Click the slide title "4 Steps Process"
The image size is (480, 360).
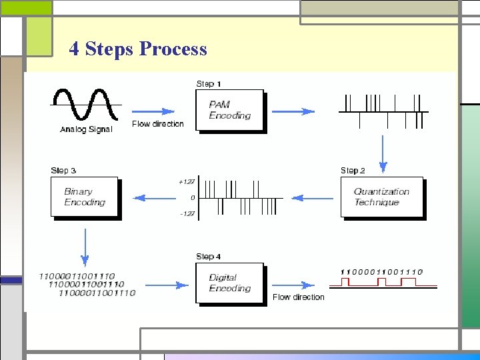coord(138,49)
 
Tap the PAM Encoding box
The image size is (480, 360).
coord(230,111)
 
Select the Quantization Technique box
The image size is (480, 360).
coord(382,197)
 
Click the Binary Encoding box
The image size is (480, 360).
coord(84,197)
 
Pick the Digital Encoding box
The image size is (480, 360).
coord(230,283)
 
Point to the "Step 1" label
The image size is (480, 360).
coord(209,84)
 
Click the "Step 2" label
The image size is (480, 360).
coord(353,171)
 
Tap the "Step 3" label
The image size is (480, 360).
coord(63,171)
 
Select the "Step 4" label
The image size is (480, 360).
coord(209,257)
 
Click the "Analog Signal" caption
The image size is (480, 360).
coord(86,129)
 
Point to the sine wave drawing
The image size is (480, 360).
coord(86,105)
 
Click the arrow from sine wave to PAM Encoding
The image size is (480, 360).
coord(155,111)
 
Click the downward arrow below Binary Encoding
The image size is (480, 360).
coord(85,247)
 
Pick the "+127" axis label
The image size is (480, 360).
coord(187,181)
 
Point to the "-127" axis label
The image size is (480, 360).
coord(187,214)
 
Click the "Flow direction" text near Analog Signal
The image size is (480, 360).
coord(158,124)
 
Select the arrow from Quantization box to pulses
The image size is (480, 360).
coord(313,198)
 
